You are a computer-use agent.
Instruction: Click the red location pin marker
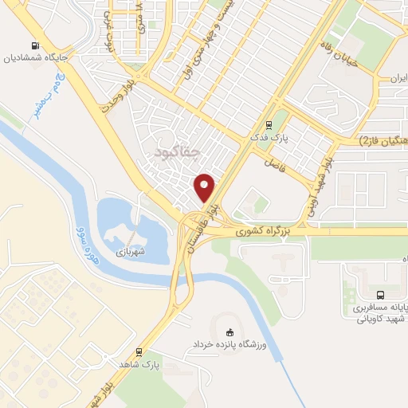coord(205,186)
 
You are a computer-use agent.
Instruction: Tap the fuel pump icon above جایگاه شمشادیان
coord(35,45)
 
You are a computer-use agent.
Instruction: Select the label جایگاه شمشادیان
coord(39,57)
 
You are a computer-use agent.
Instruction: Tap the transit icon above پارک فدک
coord(269,124)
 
